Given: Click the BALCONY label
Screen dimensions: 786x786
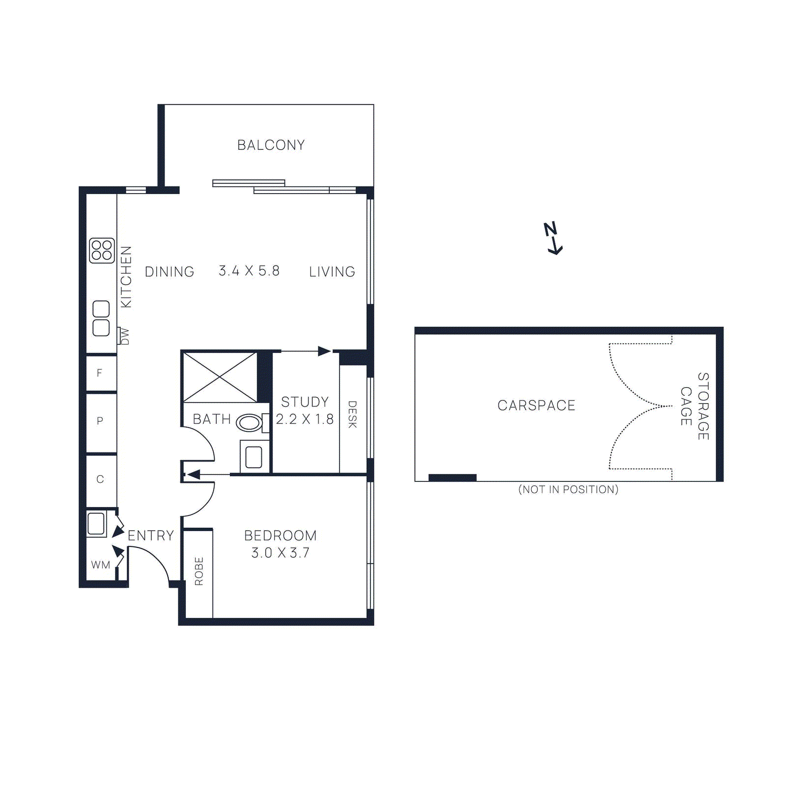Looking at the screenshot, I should point(271,145).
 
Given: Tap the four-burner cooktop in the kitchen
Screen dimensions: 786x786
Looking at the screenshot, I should point(102,250).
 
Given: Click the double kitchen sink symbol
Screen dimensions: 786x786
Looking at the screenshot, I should point(101,318).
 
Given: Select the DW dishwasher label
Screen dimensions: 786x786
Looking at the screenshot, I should point(125,337).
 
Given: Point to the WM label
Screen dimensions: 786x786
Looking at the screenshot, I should point(101,565).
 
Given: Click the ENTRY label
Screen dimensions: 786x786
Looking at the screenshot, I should point(150,535).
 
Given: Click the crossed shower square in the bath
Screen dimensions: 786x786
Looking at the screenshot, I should point(220,377).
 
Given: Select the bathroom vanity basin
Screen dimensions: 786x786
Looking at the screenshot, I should point(253,457).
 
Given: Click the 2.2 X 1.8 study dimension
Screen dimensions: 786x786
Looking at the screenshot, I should point(305,419).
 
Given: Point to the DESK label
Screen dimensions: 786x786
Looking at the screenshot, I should point(352,414).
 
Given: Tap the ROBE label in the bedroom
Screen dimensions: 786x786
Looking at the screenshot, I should point(199,571).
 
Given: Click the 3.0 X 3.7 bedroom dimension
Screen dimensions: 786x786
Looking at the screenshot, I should point(280,553).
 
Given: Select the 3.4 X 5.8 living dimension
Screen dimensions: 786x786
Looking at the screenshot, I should point(249,271).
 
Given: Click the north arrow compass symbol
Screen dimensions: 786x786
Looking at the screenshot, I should point(553,238).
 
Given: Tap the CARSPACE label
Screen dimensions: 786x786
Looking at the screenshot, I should point(536,405).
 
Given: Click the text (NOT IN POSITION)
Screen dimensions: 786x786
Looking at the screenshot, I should point(568,489).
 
